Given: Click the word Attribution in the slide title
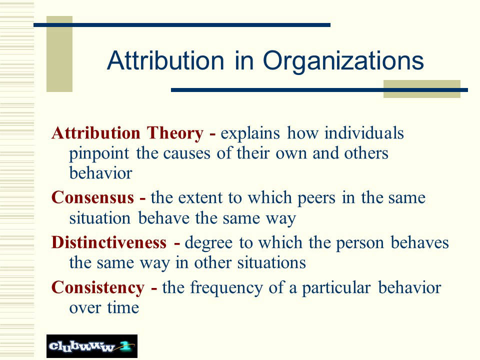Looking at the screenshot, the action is [x=165, y=60].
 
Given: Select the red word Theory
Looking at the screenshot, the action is [x=175, y=134].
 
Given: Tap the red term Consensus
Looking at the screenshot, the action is [x=92, y=197].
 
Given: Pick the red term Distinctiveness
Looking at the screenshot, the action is [x=109, y=242].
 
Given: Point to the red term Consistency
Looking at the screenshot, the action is [x=98, y=288].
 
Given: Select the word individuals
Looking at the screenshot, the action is [x=364, y=133].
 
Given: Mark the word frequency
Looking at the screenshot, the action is [x=226, y=288].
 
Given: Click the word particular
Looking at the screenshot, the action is [x=336, y=288].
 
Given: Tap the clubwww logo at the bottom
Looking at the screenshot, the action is [x=92, y=346].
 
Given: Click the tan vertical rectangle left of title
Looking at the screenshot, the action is [x=59, y=54].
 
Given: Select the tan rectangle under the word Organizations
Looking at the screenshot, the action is [x=422, y=89].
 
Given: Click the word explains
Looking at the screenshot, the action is [x=250, y=134].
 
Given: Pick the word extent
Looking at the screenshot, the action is [x=200, y=198].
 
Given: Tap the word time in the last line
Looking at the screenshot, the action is [x=123, y=307].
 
